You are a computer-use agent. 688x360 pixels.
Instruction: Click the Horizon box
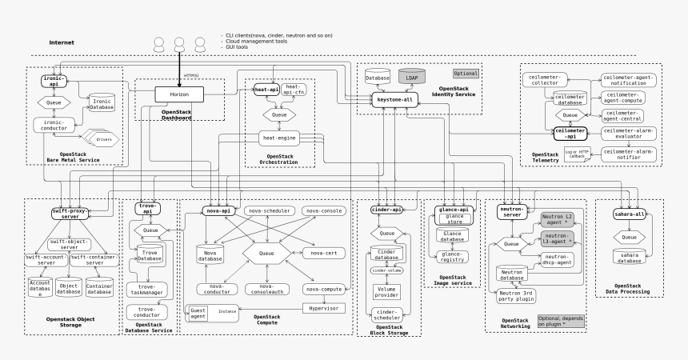[x=179, y=95]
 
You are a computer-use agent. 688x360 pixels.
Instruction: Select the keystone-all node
[x=395, y=99]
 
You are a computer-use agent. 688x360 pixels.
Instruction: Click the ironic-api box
[x=54, y=81]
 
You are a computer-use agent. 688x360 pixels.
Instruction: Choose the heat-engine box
[x=280, y=138]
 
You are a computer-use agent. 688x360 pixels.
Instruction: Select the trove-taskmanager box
[x=148, y=290]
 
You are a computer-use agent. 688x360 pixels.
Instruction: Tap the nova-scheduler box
[x=269, y=210]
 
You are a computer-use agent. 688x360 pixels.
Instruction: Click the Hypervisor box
[x=323, y=307]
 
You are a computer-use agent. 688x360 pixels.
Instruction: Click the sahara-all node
[x=629, y=214]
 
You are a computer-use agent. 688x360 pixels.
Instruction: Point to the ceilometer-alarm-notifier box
[x=629, y=154]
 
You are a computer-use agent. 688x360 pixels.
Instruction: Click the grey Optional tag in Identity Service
[x=465, y=73]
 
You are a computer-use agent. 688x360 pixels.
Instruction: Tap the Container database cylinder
[x=99, y=287]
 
